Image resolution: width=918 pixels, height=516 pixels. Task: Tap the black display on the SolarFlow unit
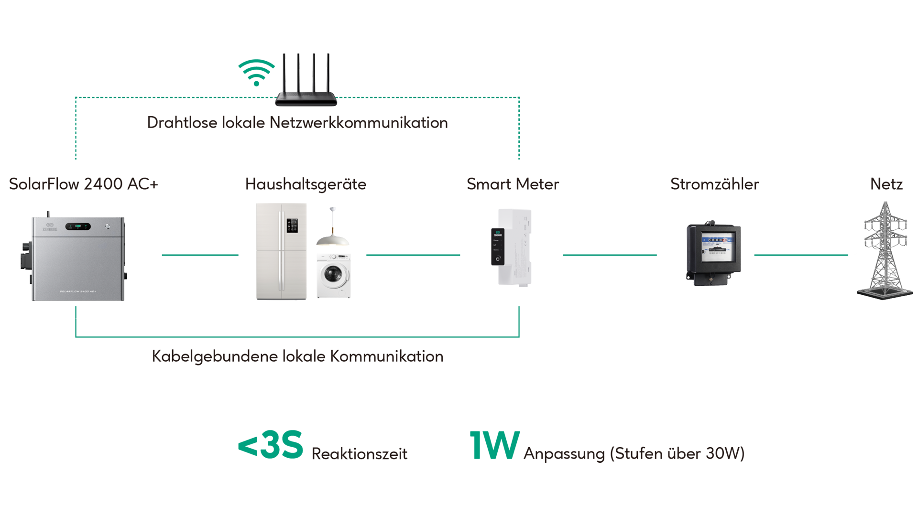[x=78, y=226]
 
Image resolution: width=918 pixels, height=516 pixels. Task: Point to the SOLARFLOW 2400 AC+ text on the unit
[x=78, y=291]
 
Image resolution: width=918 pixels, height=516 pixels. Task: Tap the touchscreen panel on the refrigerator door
[x=292, y=226]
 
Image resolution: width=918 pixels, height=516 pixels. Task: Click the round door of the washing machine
[x=333, y=275]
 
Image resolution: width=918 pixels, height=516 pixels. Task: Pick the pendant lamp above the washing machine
[x=332, y=239]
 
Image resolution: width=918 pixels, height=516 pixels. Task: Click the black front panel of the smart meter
[x=498, y=247]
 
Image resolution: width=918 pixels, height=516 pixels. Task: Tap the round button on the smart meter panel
[x=498, y=259]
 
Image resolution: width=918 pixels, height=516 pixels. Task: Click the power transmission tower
[x=885, y=248]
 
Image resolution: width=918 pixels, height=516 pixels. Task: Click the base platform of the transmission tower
[x=885, y=293]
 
